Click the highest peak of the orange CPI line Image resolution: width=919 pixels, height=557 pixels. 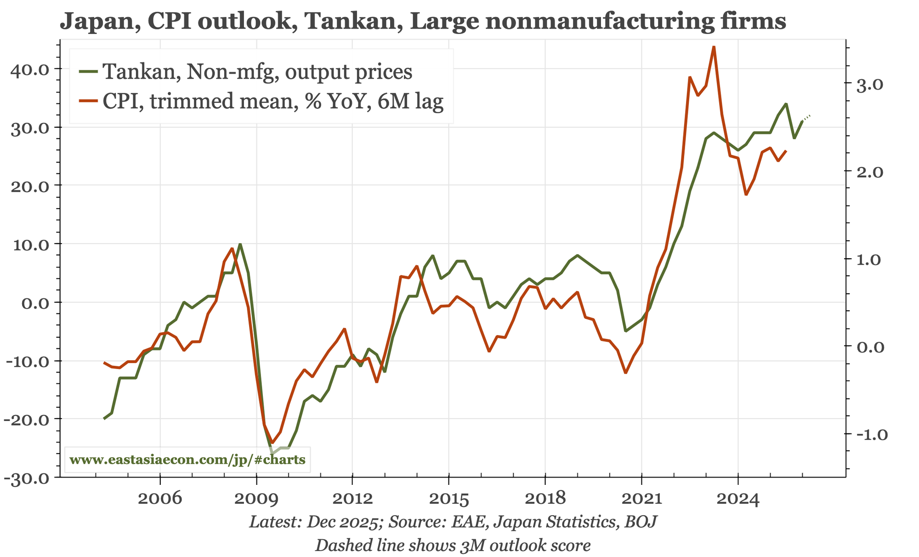tap(714, 47)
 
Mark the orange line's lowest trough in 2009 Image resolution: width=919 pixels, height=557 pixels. tap(272, 443)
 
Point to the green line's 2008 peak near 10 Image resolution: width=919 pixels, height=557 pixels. tap(240, 244)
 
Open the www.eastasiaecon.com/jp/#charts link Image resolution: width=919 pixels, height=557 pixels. tap(187, 460)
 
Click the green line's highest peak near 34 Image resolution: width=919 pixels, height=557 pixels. tap(786, 104)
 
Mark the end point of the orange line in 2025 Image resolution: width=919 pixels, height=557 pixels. tap(786, 151)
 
